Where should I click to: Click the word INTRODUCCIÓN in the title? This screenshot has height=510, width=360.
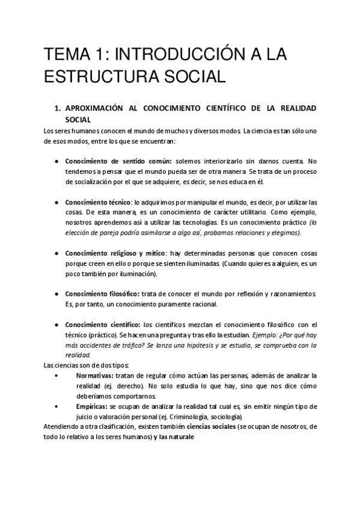159,56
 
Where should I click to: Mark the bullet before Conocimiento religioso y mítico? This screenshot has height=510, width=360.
56,253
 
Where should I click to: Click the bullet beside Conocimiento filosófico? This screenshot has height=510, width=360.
56,293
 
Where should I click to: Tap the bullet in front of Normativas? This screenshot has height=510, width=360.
56,375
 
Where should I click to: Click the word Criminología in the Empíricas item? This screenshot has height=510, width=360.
182,417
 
